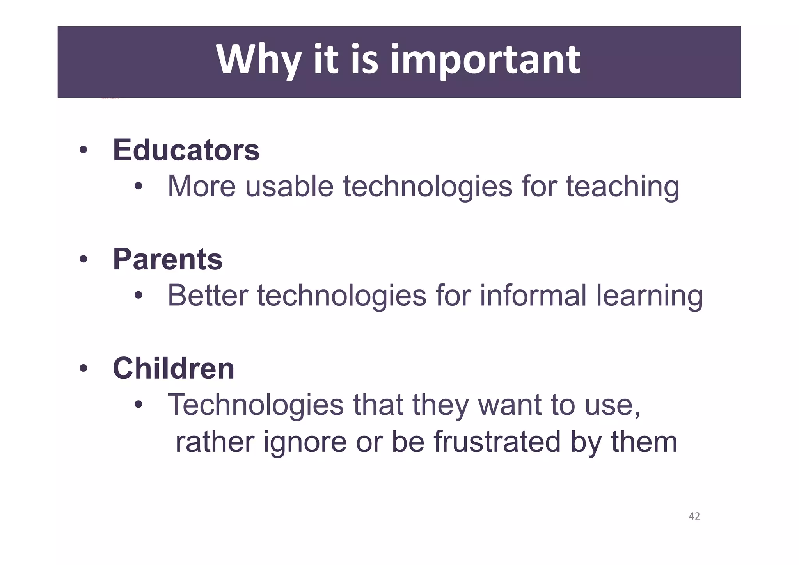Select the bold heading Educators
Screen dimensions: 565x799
point(186,150)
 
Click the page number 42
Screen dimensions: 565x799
point(694,516)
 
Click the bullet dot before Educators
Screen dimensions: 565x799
point(83,150)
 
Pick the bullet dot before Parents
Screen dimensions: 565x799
point(83,259)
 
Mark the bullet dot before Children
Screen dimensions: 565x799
point(83,369)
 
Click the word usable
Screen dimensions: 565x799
point(289,186)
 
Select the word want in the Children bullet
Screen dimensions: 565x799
point(510,405)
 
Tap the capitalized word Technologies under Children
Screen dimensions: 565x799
point(256,405)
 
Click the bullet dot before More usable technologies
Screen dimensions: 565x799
point(138,187)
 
